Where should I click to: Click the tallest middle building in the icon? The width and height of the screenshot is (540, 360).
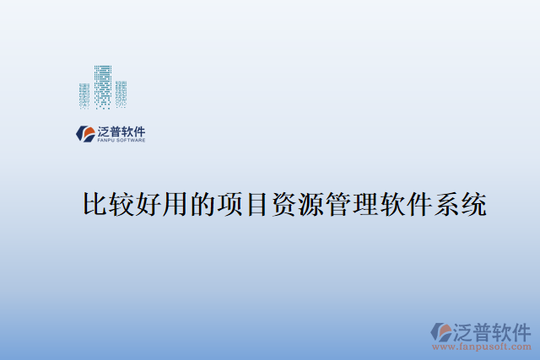click(103, 86)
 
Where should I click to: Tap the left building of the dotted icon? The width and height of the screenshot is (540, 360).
click(84, 95)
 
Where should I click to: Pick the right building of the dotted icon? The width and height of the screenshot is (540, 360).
click(121, 94)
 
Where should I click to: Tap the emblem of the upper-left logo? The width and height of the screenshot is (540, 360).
click(86, 133)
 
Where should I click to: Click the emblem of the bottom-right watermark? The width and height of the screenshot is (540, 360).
click(441, 330)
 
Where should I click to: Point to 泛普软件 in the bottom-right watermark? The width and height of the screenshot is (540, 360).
click(493, 329)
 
